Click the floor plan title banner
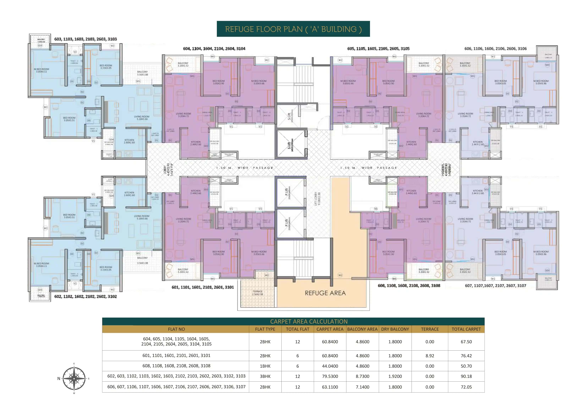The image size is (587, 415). coord(293,29)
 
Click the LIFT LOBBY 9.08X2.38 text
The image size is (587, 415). coord(317,199)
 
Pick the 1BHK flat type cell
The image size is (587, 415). coord(265,366)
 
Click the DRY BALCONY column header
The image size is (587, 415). coord(395,329)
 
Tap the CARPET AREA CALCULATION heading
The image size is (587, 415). coord(309,321)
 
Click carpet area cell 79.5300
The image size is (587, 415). coord(330,376)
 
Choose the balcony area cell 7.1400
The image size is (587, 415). coord(362,387)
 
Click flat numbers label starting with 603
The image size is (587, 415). coord(85,39)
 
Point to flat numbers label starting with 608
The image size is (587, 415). coord(409,286)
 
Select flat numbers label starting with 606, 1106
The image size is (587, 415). coord(495,49)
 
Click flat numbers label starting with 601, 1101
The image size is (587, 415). coord(202,287)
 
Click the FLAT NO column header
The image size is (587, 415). coord(176,329)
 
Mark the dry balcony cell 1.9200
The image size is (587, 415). coord(395,376)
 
